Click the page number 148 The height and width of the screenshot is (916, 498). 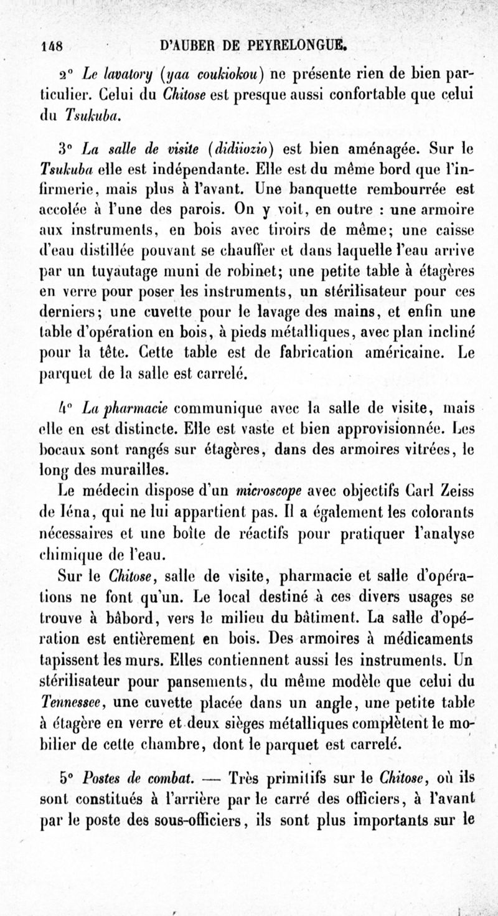tap(54, 45)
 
